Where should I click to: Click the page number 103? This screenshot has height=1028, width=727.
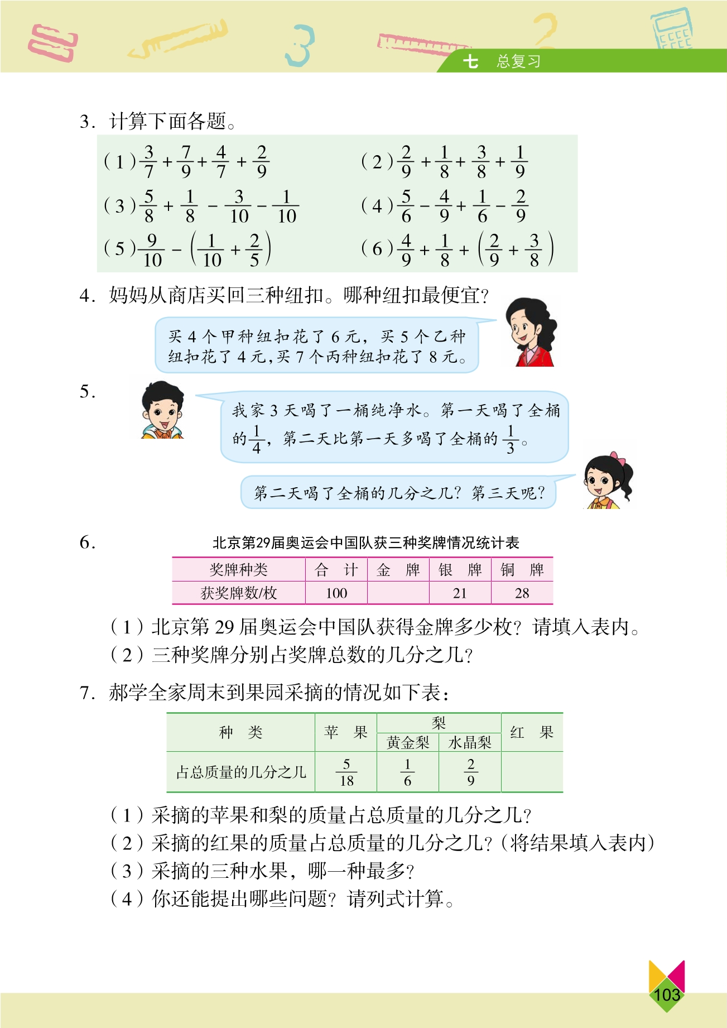[667, 994]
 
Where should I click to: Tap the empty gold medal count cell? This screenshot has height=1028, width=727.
[398, 593]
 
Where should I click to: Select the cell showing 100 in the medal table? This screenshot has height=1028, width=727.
[336, 593]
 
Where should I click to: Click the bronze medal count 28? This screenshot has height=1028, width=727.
[522, 593]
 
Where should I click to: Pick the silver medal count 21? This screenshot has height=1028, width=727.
[460, 593]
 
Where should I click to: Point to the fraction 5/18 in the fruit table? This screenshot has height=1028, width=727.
[346, 772]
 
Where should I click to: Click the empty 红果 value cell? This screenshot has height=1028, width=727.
[532, 772]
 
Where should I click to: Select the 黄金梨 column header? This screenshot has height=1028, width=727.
[408, 742]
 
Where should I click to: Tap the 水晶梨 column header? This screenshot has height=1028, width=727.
[470, 742]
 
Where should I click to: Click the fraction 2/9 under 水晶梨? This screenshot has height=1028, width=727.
[471, 772]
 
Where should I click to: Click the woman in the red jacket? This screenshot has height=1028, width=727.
[531, 333]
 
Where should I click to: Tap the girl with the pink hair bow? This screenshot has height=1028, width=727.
[607, 481]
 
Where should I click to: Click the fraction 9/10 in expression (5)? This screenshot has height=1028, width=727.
[152, 250]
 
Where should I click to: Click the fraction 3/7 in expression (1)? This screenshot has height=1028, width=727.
[149, 162]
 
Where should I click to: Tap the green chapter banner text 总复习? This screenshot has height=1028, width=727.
[518, 61]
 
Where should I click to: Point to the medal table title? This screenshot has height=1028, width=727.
[365, 542]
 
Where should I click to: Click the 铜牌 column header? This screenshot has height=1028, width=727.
[522, 570]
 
